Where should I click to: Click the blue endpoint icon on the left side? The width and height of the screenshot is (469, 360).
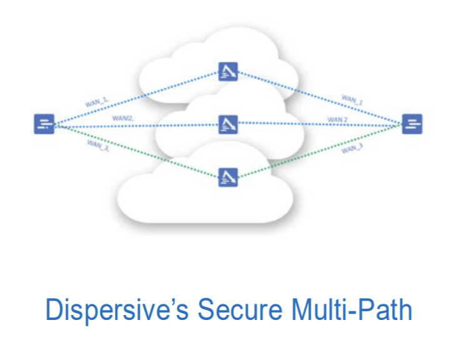point(44,124)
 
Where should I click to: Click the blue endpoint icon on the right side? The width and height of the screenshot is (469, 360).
point(412,124)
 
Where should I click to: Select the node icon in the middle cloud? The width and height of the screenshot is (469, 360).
point(227,124)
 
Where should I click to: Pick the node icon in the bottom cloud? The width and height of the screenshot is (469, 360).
point(227,177)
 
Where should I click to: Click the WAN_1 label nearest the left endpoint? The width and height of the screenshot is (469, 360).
point(98,101)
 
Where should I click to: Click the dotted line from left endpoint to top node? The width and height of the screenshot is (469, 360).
point(144,97)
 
